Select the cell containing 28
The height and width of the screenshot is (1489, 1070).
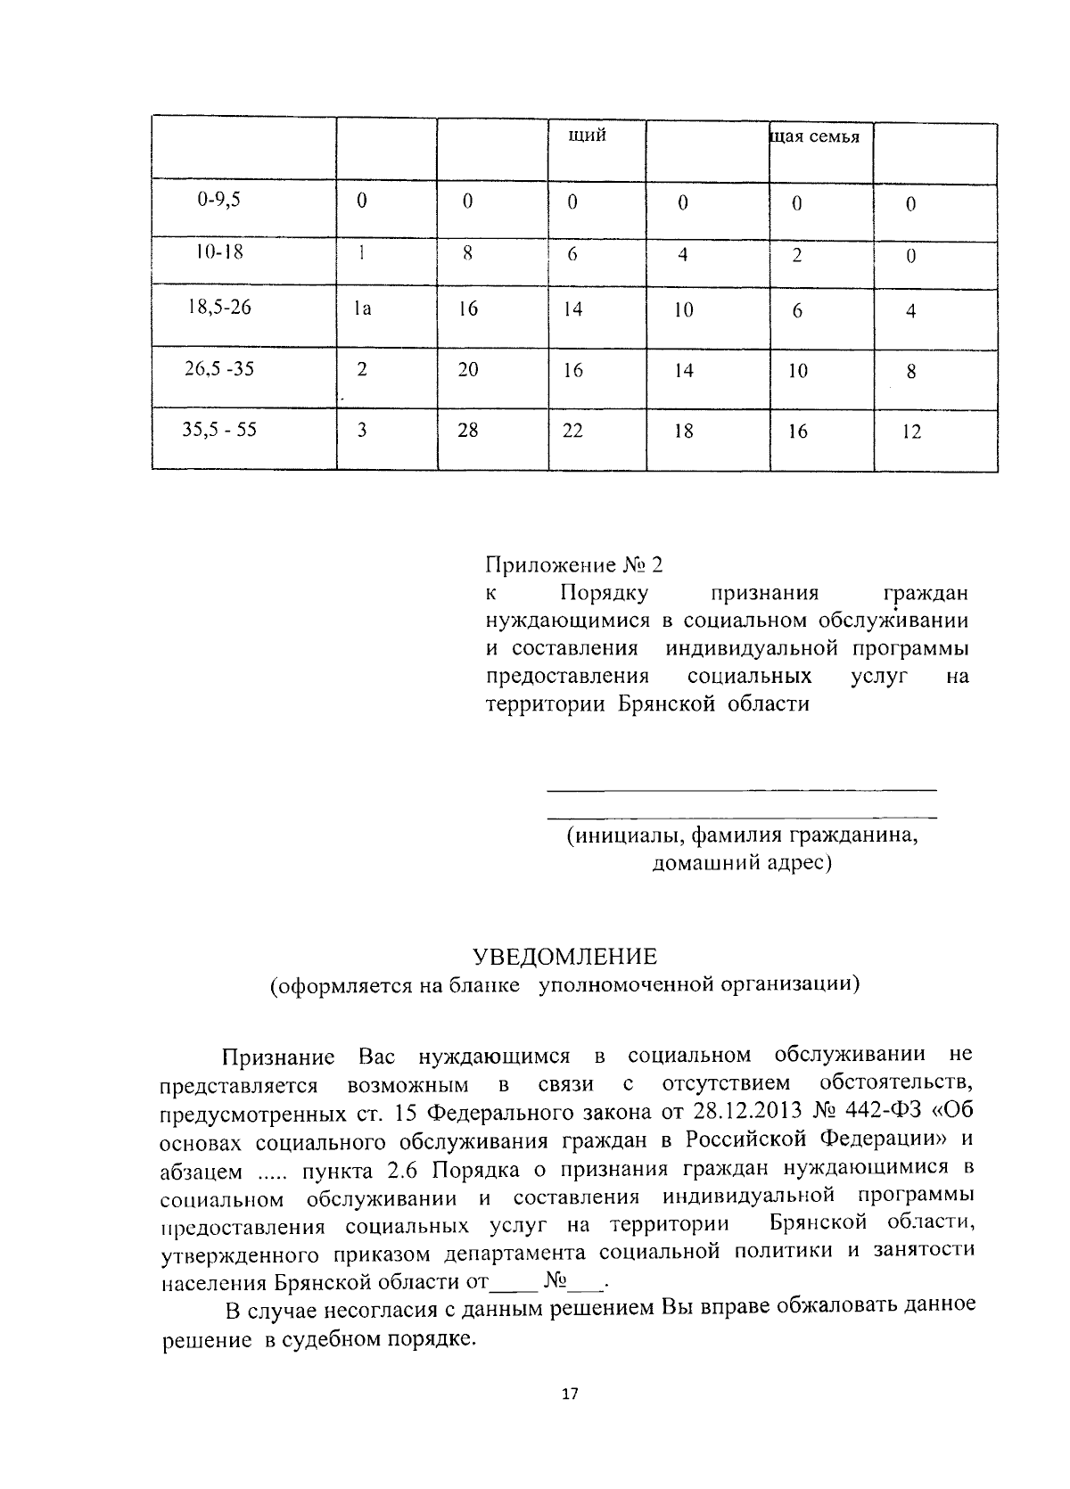click(x=468, y=431)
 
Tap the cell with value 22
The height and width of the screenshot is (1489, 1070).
click(x=572, y=431)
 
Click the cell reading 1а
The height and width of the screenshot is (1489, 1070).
click(x=361, y=309)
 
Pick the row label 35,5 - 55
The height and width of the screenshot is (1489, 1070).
click(x=219, y=430)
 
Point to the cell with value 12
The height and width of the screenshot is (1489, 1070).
click(x=911, y=432)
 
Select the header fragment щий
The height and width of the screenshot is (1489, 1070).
click(x=588, y=136)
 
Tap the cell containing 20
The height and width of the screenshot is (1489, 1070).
click(x=468, y=369)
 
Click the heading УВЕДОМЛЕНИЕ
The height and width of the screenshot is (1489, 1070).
click(x=564, y=957)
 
